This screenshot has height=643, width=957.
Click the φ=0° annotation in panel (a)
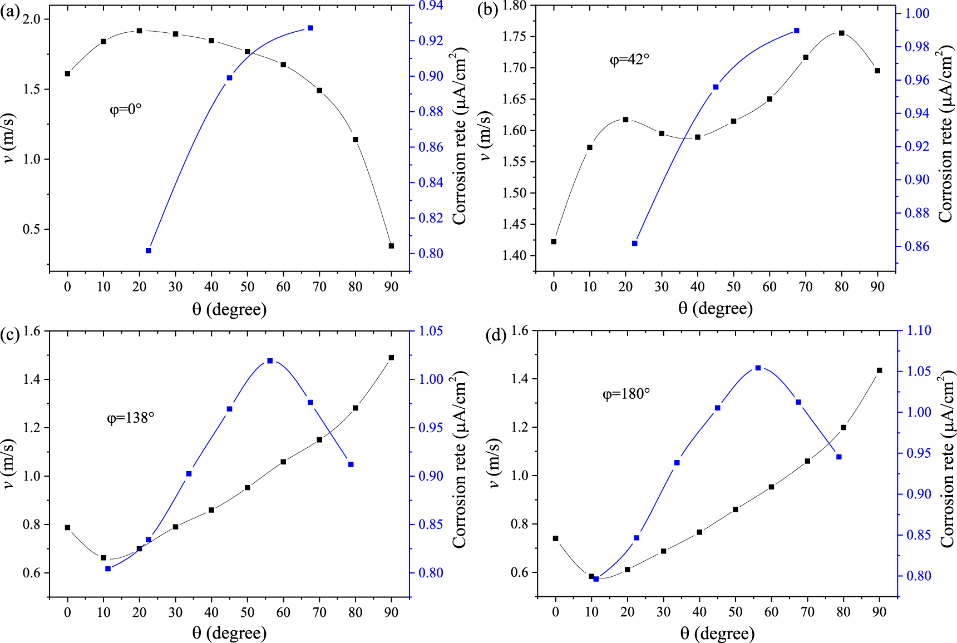[x=126, y=109]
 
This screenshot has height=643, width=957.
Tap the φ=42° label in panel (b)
[x=630, y=59]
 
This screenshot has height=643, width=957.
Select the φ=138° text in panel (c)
[x=131, y=417]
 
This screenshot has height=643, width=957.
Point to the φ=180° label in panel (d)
[x=627, y=394]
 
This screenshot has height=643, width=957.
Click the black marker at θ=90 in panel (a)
[x=391, y=246]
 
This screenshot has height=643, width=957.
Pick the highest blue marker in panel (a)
[x=310, y=28]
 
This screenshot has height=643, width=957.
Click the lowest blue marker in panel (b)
[x=635, y=244]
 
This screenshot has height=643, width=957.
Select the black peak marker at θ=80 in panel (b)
[x=842, y=33]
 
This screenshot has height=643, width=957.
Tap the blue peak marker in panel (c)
[x=270, y=361]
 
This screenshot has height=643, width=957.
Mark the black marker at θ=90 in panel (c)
[x=391, y=358]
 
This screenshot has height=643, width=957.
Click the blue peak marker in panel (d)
[x=758, y=368]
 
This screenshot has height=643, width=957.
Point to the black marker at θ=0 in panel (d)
[x=556, y=538]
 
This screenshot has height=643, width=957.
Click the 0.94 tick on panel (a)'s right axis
[x=431, y=6]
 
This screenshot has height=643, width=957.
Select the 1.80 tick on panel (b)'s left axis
[x=514, y=6]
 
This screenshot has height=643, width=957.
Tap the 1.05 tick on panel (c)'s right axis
[x=431, y=331]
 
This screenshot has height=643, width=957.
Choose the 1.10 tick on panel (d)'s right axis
[x=919, y=330]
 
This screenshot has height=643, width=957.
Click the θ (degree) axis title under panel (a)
[x=229, y=309]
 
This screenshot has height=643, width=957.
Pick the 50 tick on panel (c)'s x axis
[x=248, y=612]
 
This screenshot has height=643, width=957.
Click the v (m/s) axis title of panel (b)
[x=486, y=136]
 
